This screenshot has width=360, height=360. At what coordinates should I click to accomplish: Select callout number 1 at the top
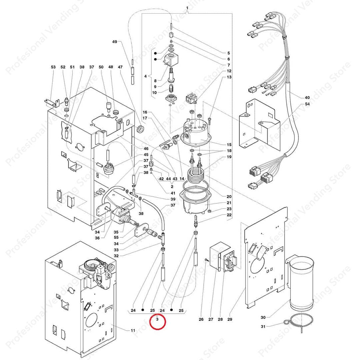pos(187,8)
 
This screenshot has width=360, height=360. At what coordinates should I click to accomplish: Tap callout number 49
pos(114,42)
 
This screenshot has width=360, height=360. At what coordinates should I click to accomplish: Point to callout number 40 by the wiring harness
pos(307,98)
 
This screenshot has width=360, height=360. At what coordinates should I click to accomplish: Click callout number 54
pos(307,105)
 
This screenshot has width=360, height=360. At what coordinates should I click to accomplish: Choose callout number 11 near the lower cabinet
pos(133,330)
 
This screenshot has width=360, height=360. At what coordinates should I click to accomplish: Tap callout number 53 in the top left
pos(53,67)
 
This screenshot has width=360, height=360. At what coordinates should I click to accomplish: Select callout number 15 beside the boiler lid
pos(229,144)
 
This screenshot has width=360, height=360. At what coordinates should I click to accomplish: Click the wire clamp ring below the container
pos(300,322)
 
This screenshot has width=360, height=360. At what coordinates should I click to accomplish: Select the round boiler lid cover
pos(196,132)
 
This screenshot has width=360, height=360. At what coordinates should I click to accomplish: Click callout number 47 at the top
pos(120,67)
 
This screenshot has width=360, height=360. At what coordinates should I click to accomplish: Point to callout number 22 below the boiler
pos(229,215)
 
